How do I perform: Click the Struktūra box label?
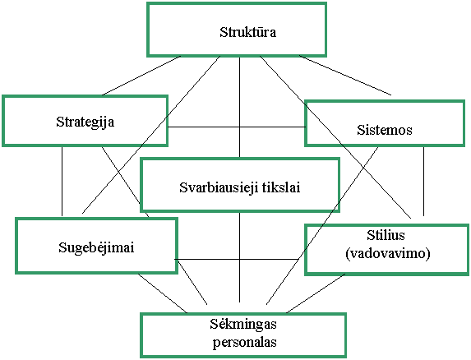click(247, 32)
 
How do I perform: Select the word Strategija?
click(85, 122)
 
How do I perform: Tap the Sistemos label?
click(385, 130)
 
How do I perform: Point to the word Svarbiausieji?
click(219, 187)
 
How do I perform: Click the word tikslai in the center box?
click(281, 187)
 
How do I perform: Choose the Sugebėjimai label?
click(96, 247)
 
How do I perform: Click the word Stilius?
click(386, 235)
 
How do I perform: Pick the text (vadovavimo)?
click(388, 254)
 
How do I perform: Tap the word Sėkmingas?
click(243, 325)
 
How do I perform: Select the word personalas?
click(244, 342)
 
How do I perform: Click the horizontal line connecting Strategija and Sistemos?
click(237, 127)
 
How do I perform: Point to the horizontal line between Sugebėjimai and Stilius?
click(236, 259)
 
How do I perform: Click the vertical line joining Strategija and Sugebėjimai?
click(62, 182)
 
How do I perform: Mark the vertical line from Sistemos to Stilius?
click(423, 182)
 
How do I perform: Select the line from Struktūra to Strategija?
click(141, 76)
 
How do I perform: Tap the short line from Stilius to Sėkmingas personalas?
click(316, 293)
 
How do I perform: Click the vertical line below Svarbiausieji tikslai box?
click(239, 257)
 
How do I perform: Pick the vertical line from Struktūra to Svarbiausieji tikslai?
click(239, 107)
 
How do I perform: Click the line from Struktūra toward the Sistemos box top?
click(345, 75)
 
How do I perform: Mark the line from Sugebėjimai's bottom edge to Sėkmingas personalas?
click(163, 293)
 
